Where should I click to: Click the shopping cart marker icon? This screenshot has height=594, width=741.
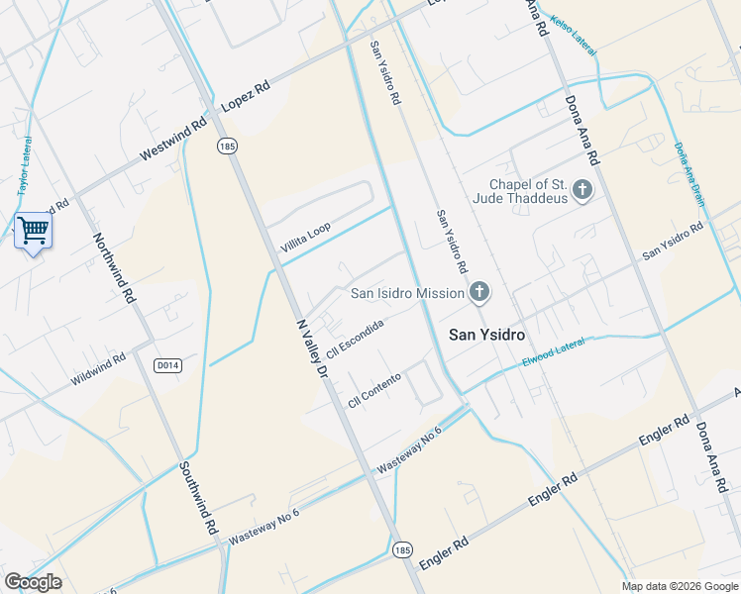pos(33,231)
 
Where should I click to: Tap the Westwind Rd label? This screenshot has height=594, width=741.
pos(172,138)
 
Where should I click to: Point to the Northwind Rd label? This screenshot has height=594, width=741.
pos(114,267)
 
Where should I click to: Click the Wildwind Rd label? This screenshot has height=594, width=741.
pos(98,369)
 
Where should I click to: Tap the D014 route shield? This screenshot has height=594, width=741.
pos(167,365)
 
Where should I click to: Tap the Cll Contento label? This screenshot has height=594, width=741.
pos(374,391)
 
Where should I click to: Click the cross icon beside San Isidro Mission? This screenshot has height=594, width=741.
pos(479,292)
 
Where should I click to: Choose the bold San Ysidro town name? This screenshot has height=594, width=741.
pos(486,335)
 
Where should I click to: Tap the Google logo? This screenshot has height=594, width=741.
pos(33,582)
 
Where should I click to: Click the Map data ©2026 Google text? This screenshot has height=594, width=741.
pos(679,586)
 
